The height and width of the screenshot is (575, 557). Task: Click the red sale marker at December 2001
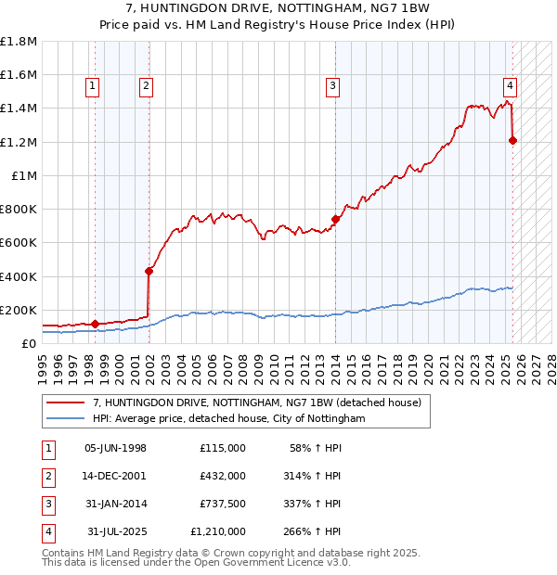coord(149,271)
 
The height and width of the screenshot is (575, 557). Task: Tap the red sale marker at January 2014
coord(335,220)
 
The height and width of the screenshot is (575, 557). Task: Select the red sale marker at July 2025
coord(512,140)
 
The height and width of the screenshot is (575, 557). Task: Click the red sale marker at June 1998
coord(95,324)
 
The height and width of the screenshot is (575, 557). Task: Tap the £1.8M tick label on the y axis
coord(19,42)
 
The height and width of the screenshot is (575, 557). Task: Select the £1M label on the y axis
coord(23,175)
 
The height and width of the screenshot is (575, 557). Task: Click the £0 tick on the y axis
coord(30,343)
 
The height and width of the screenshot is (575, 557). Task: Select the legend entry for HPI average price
coord(229,419)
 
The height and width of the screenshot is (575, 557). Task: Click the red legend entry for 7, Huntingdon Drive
coord(257,402)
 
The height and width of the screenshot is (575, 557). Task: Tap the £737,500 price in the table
coord(223,504)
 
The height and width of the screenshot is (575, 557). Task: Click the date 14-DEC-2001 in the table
coord(115,476)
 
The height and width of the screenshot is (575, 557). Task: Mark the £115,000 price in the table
coord(223,448)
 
